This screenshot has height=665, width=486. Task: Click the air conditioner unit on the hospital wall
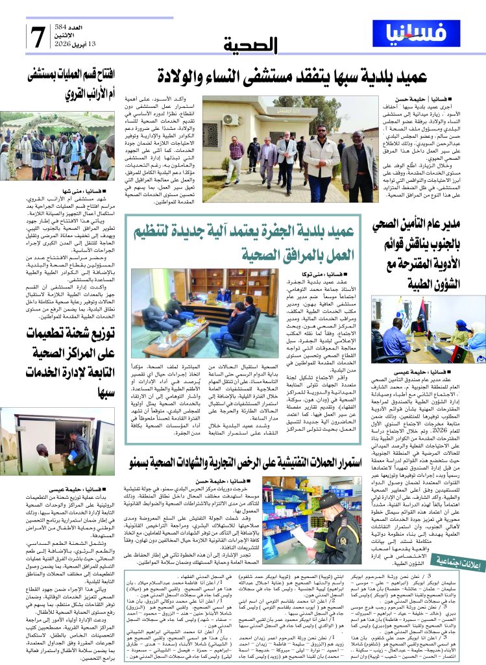[x=230, y=119]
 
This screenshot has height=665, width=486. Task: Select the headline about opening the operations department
[x=62, y=84]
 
